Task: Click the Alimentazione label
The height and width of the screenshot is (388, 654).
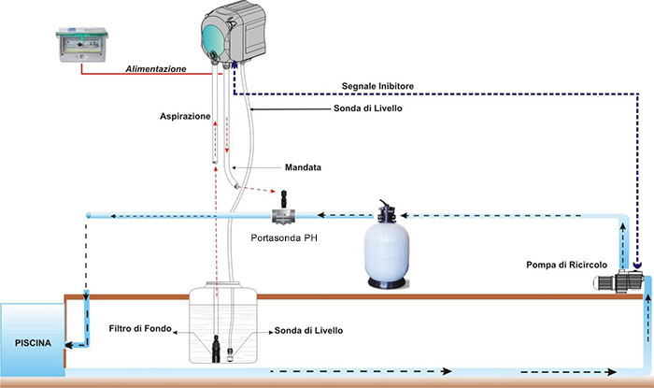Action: point(155,70)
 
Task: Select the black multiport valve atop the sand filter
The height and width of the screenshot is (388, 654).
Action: point(388,209)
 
